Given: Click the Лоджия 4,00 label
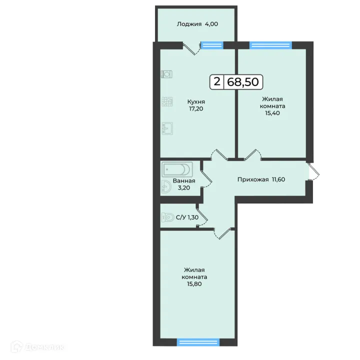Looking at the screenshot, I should coord(197,23).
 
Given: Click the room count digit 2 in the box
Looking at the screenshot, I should coord(216,81).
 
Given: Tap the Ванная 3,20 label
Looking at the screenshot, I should coord(183,184).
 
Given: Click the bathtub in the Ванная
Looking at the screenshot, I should coord(176,169).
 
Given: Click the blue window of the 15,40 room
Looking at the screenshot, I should coord(270,45).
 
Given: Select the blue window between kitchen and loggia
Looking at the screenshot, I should coord(212,45).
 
